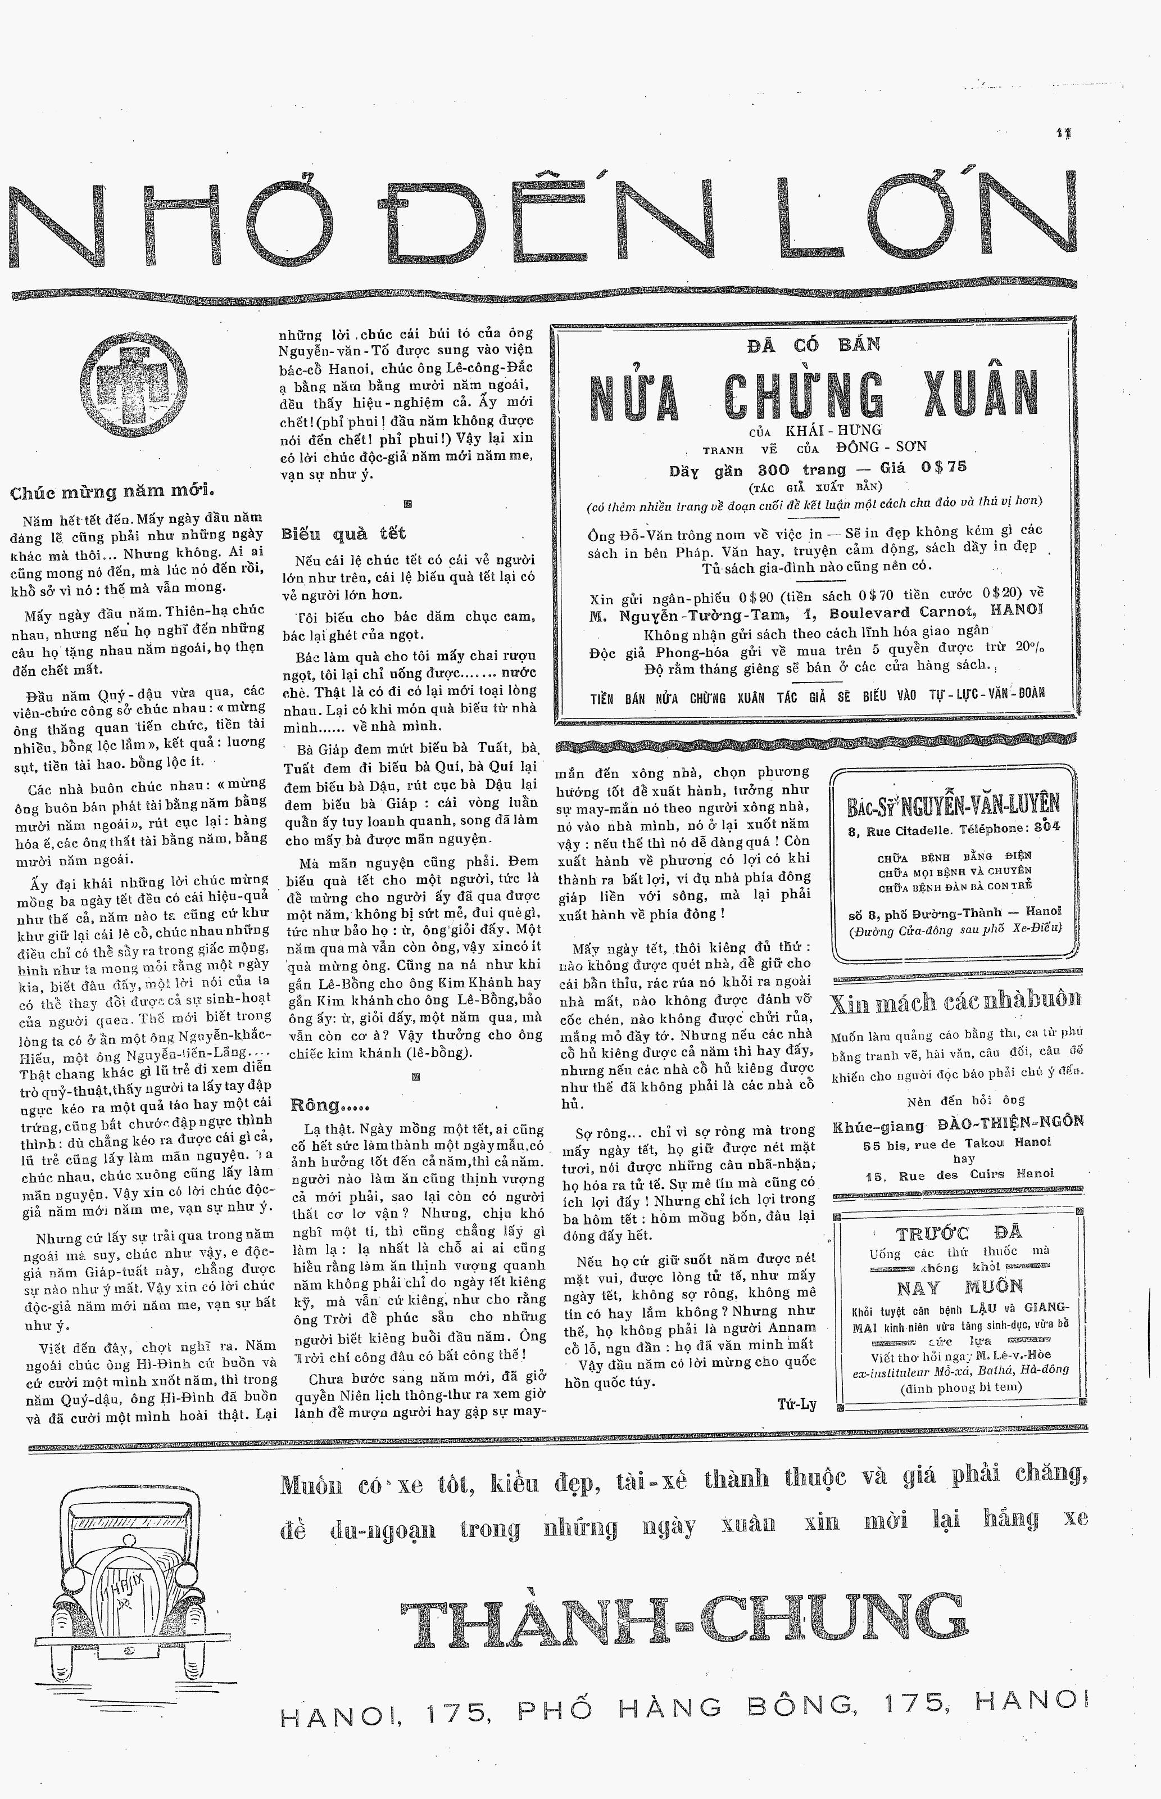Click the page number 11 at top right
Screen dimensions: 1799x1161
click(1064, 133)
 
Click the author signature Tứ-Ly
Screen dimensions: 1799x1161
click(797, 1403)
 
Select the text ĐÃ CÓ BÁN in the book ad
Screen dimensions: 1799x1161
click(814, 345)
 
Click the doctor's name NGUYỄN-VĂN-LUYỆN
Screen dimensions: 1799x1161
click(979, 804)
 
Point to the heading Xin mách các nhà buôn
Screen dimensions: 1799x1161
click(955, 1002)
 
